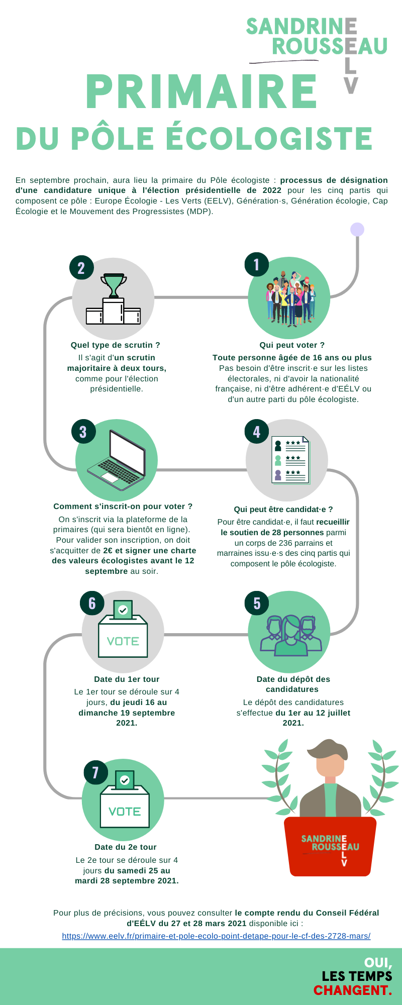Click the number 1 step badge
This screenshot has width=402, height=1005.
click(257, 264)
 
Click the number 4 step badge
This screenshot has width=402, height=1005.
click(257, 432)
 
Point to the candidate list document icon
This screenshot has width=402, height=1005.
click(290, 460)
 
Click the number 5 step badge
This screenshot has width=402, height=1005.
click(257, 604)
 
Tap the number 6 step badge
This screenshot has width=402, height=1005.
click(92, 604)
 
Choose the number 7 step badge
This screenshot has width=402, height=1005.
click(95, 772)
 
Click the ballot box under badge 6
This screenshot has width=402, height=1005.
click(123, 629)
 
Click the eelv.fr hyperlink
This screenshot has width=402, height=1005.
click(216, 936)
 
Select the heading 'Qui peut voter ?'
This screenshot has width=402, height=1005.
click(292, 345)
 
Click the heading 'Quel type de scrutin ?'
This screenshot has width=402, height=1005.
click(116, 345)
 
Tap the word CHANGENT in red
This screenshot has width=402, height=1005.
click(352, 990)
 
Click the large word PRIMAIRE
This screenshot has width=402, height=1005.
click(201, 91)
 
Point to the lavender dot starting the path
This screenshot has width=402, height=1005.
click(357, 229)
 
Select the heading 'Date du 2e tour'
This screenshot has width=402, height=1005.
click(126, 847)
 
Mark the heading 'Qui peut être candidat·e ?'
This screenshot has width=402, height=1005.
click(283, 510)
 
